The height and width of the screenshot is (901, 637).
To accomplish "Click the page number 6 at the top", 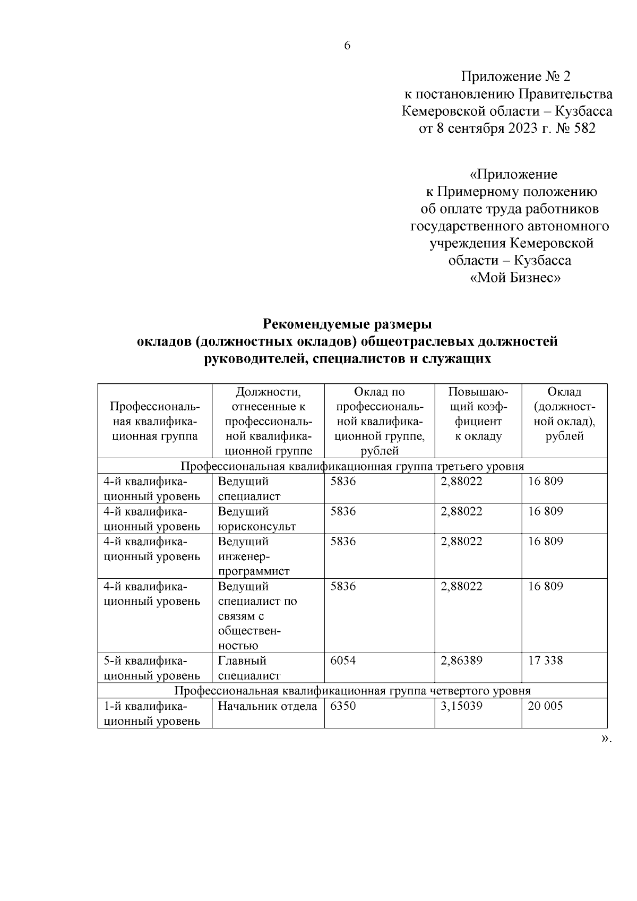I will click(x=347, y=46).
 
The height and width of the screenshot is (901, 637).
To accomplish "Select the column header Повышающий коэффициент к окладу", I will click(x=478, y=414).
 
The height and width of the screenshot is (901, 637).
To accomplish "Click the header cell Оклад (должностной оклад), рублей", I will click(x=564, y=414).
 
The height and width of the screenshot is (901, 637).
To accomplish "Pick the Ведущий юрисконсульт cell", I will click(x=257, y=519).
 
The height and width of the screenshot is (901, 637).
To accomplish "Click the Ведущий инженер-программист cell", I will click(x=254, y=556).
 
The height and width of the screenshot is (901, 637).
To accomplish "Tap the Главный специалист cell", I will click(x=249, y=668).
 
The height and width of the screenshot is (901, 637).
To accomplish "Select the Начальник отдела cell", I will click(x=267, y=706).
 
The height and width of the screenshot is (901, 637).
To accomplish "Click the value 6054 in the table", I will click(x=343, y=660).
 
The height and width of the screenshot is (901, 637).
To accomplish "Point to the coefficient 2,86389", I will click(x=461, y=660).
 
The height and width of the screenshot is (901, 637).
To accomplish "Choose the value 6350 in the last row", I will click(x=343, y=706).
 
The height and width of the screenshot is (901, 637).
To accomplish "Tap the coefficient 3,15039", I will click(x=461, y=706).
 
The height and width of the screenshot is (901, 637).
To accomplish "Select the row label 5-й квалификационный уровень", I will click(x=152, y=668).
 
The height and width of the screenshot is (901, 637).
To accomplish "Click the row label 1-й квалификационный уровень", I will click(x=152, y=714).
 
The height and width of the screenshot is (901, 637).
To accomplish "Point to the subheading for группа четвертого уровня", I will click(x=352, y=691).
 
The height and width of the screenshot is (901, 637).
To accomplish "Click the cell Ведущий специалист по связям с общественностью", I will click(x=257, y=616).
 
